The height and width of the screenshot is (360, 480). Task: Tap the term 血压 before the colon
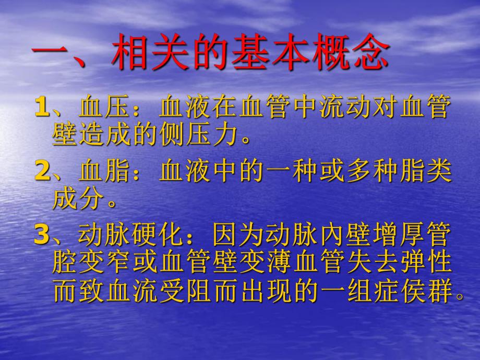pyautogui.click(x=107, y=107)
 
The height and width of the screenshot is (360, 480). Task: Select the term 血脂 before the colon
pyautogui.click(x=107, y=171)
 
